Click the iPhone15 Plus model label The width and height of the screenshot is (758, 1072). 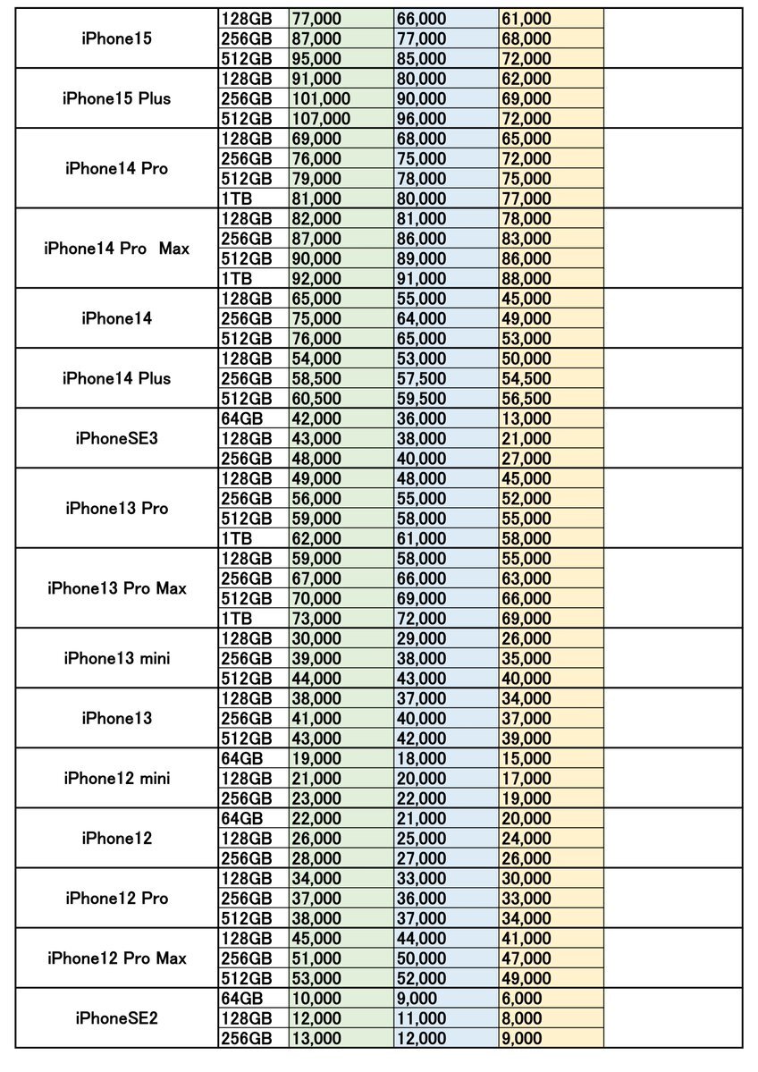pyautogui.click(x=116, y=98)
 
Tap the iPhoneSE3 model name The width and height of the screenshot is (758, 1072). pyautogui.click(x=116, y=438)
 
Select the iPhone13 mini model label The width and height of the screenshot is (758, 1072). pyautogui.click(x=116, y=658)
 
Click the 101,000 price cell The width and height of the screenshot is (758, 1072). pyautogui.click(x=321, y=98)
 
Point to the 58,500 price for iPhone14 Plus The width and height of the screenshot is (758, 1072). pyautogui.click(x=316, y=378)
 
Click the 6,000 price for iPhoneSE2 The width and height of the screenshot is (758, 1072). pyautogui.click(x=521, y=999)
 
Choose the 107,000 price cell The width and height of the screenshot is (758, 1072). pyautogui.click(x=321, y=118)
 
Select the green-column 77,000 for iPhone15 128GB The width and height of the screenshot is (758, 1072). pyautogui.click(x=316, y=18)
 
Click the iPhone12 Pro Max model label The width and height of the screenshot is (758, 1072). pyautogui.click(x=116, y=958)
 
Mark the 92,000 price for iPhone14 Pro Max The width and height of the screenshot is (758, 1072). pyautogui.click(x=316, y=278)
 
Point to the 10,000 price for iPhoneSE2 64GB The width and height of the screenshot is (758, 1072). pyautogui.click(x=316, y=999)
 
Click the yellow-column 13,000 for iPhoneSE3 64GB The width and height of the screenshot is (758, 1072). pyautogui.click(x=526, y=418)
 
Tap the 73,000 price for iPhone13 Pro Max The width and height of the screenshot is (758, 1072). pyautogui.click(x=316, y=618)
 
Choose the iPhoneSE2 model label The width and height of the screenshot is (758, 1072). pyautogui.click(x=116, y=1018)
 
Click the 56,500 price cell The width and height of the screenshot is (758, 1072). pyautogui.click(x=526, y=399)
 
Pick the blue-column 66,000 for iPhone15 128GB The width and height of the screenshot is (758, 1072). pyautogui.click(x=421, y=18)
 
